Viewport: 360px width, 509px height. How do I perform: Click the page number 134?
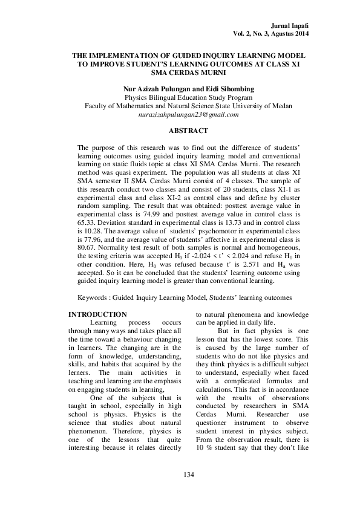188,475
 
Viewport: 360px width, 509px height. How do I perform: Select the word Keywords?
94,298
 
